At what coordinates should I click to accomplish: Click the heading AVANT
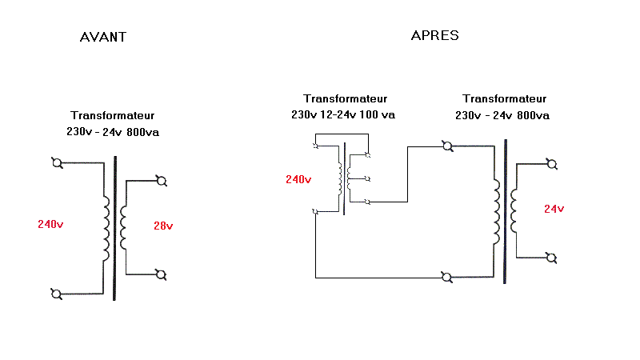coord(103,37)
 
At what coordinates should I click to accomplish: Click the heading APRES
coord(434,35)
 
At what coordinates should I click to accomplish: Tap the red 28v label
coord(163,226)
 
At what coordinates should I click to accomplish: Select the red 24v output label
coord(554,209)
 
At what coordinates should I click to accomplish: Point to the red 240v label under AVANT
coord(50,225)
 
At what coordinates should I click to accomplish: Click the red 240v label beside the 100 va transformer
coord(298,179)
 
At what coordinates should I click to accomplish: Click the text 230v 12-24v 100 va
coord(343,114)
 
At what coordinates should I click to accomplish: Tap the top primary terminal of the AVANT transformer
coord(57,164)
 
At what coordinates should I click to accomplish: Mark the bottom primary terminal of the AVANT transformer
coord(57,293)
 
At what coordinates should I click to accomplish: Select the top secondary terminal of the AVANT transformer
coord(161,181)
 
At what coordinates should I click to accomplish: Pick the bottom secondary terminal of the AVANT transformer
coord(161,274)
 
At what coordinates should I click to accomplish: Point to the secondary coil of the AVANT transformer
coord(124,227)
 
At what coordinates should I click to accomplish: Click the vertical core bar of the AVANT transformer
coord(114,228)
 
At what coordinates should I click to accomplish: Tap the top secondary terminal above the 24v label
coord(551,164)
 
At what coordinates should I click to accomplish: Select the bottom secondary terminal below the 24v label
coord(551,258)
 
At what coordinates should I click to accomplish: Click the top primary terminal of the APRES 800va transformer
coord(447,146)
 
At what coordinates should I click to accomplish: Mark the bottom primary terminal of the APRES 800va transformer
coord(447,278)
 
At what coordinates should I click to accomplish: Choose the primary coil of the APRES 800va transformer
coord(496,212)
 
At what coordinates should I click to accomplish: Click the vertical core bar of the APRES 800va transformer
coord(505,212)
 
